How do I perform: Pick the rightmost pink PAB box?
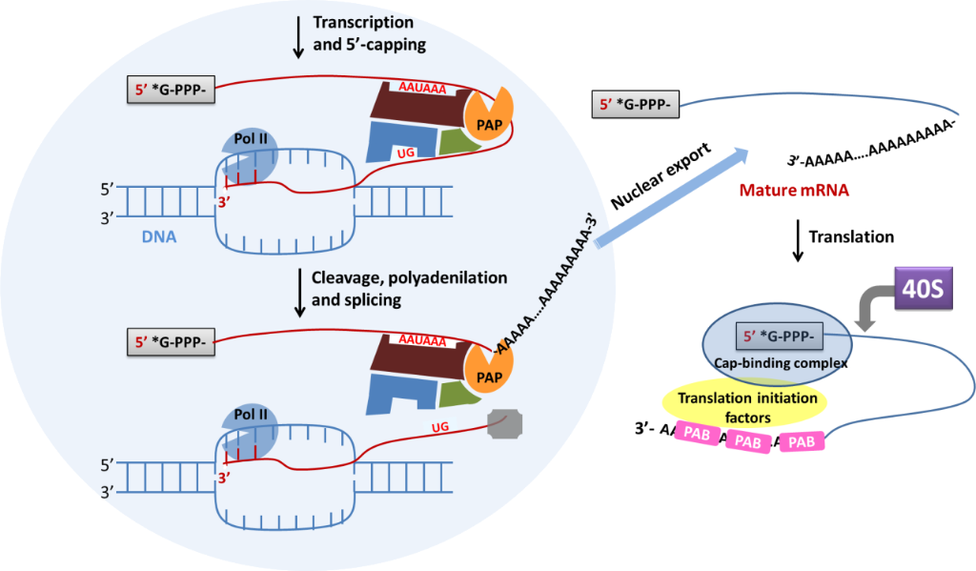[802, 441]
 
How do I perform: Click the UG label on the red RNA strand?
[440, 427]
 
